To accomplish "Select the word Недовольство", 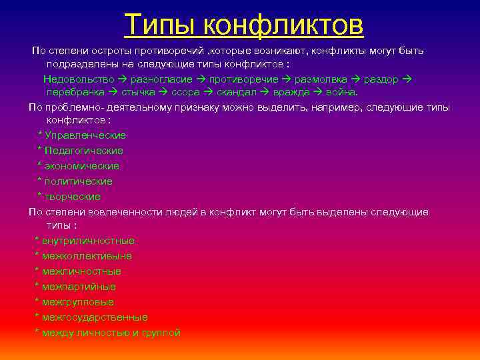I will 79,79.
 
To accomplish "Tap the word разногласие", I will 163,79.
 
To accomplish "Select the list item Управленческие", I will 85,135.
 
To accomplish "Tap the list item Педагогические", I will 84,151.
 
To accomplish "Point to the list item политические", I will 79,181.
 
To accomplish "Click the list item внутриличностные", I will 88,241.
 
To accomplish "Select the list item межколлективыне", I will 87,256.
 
